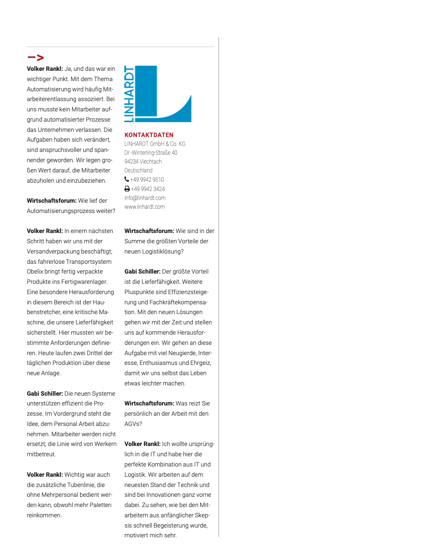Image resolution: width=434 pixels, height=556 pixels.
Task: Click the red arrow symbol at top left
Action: (36, 58)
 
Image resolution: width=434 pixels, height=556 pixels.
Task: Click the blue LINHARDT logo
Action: (158, 94)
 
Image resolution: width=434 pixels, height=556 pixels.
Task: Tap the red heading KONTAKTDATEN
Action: (149, 135)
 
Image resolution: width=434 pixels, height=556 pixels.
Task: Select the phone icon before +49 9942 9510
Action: (127, 179)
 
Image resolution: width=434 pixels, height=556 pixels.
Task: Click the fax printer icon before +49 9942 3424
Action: (127, 189)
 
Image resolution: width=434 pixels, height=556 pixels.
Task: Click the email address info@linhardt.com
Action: (145, 198)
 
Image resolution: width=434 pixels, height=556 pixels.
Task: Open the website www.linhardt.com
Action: (144, 206)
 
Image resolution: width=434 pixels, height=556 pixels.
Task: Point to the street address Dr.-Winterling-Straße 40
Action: (150, 152)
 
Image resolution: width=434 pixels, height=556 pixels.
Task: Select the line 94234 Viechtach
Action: (143, 161)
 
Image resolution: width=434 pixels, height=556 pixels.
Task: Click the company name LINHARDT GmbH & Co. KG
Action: (155, 144)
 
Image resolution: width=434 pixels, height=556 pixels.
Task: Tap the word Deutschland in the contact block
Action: (138, 171)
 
